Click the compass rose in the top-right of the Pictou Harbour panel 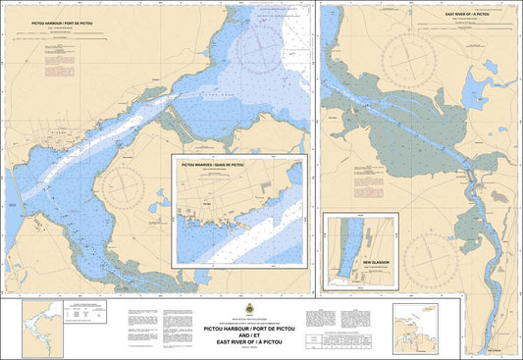pos(260,41)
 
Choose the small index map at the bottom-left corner pos(36,328)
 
